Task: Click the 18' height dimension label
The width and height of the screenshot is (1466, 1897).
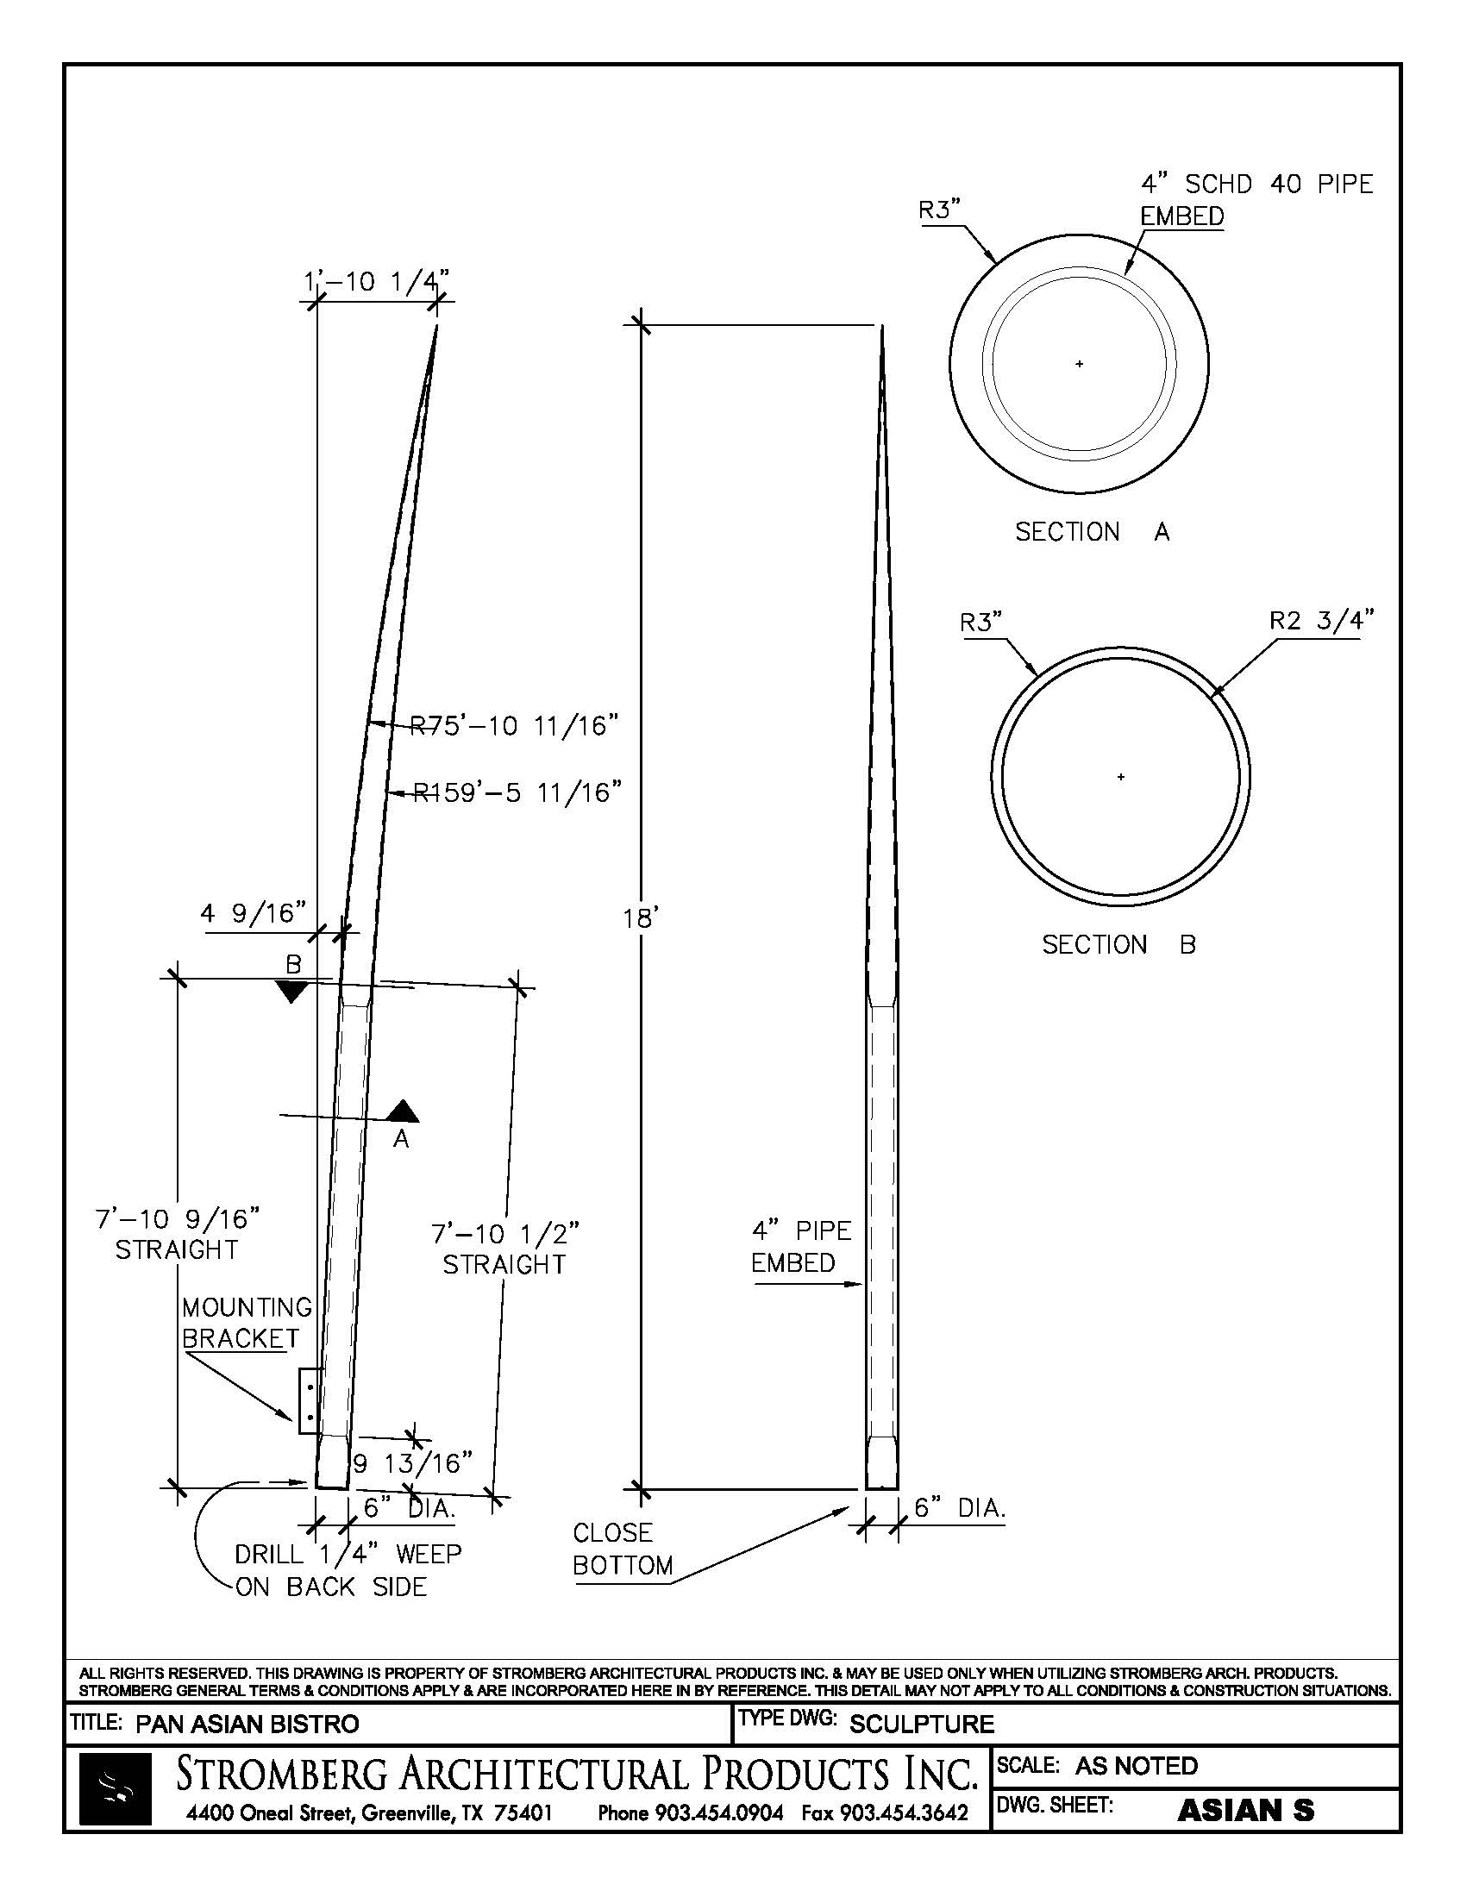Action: pyautogui.click(x=641, y=918)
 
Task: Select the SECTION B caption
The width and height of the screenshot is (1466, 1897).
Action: pyautogui.click(x=1118, y=944)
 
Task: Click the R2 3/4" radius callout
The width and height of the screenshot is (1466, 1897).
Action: pyautogui.click(x=1322, y=620)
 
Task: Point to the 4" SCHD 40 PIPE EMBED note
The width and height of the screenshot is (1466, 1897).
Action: pyautogui.click(x=1256, y=199)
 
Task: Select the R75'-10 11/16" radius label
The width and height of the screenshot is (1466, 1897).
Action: pyautogui.click(x=514, y=725)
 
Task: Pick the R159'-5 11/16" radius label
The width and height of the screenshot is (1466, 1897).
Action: pyautogui.click(x=517, y=793)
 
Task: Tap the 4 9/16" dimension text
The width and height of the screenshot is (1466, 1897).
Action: pyautogui.click(x=254, y=914)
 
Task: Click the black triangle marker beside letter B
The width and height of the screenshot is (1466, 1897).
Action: pyautogui.click(x=291, y=991)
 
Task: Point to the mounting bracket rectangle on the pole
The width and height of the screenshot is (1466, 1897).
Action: pyautogui.click(x=307, y=1402)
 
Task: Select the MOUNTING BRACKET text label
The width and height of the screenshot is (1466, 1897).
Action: pyautogui.click(x=246, y=1322)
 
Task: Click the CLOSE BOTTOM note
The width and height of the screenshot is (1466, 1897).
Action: pyautogui.click(x=623, y=1549)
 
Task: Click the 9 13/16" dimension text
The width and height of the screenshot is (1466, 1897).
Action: pyautogui.click(x=412, y=1463)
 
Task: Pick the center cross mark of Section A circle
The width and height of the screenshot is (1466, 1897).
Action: pyautogui.click(x=1080, y=364)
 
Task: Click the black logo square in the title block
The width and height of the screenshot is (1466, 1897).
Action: pyautogui.click(x=115, y=1788)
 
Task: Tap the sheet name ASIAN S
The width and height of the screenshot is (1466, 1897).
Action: pyautogui.click(x=1245, y=1810)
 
